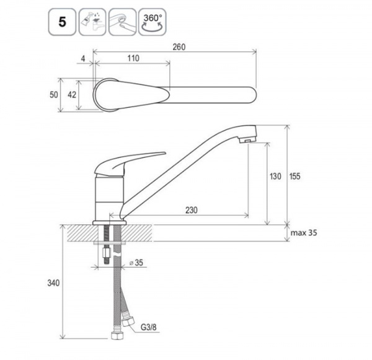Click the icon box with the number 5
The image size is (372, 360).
(x=62, y=22)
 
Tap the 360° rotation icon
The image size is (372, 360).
(x=153, y=22)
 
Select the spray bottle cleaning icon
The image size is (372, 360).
(x=92, y=22)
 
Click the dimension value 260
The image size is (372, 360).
(x=179, y=47)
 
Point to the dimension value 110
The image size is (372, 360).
(x=133, y=58)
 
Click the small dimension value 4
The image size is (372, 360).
(x=83, y=58)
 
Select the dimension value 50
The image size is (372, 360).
(x=53, y=95)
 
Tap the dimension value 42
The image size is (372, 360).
(x=72, y=95)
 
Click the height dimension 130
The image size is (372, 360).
(x=275, y=176)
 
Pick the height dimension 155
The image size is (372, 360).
(x=294, y=176)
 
